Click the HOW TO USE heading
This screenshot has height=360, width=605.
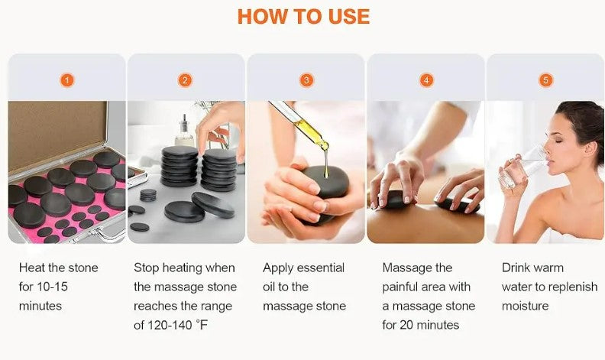click(303, 17)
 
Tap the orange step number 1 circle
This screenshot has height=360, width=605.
click(66, 79)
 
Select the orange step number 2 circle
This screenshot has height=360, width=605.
click(186, 79)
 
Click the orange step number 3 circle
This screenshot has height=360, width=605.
click(306, 79)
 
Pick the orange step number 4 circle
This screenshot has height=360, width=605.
click(425, 79)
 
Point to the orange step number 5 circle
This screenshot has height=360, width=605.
click(545, 79)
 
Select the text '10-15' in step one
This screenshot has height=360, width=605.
click(54, 287)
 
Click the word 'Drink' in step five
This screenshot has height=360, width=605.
click(516, 268)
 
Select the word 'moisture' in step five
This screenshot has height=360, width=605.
click(526, 306)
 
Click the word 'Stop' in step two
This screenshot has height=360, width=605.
click(147, 268)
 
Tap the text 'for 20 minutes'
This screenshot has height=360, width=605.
click(420, 325)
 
